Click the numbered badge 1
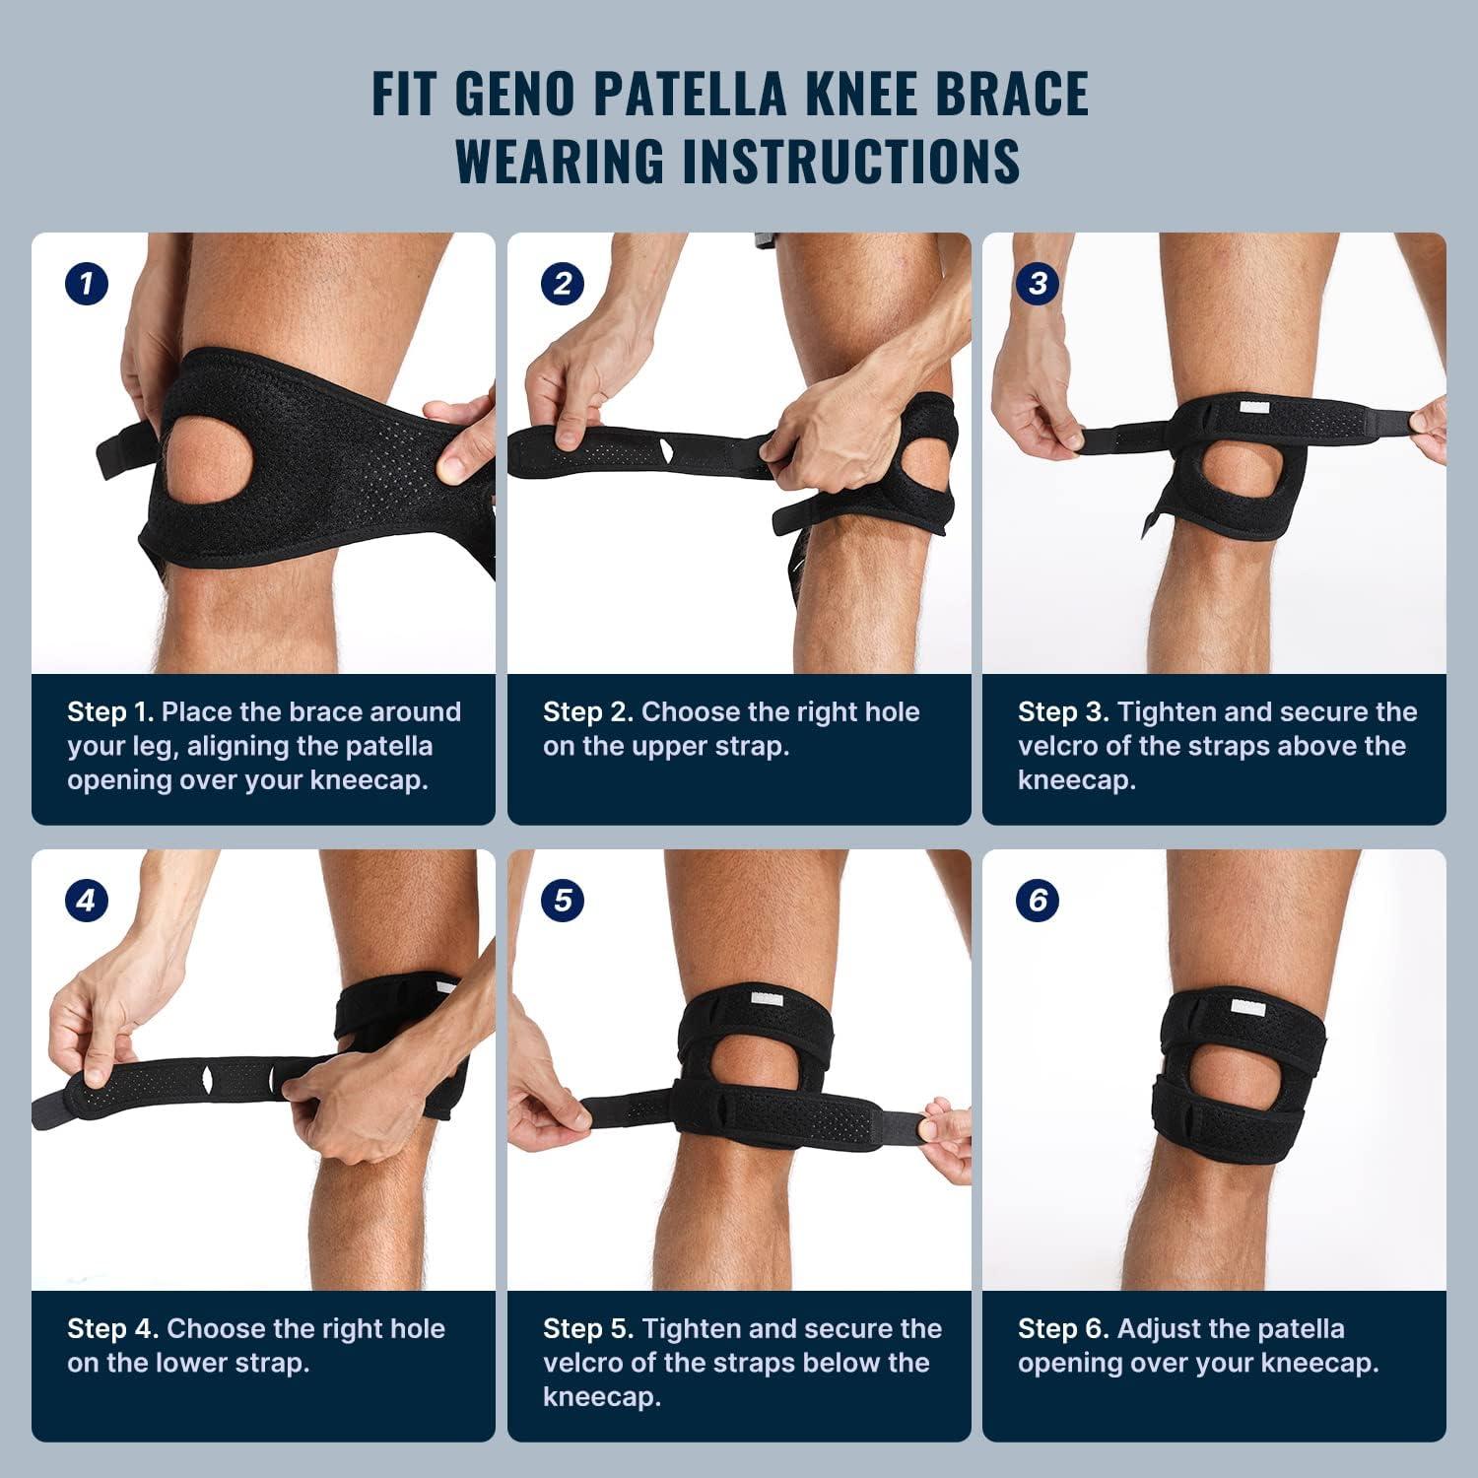[87, 285]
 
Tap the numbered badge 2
[562, 285]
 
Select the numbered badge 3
[1038, 285]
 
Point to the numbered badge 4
[87, 901]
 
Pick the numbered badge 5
[562, 901]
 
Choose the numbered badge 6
[1038, 901]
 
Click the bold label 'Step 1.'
[110, 712]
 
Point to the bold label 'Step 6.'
[1063, 1328]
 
